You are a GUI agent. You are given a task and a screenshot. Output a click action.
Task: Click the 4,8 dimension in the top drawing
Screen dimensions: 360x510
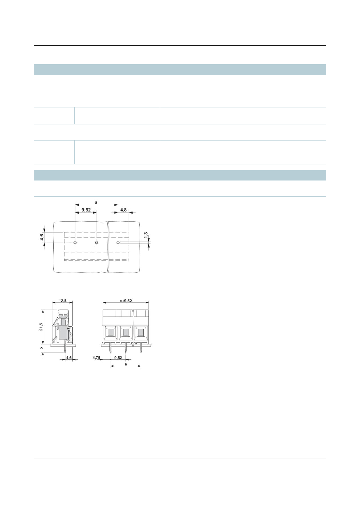pos(123,210)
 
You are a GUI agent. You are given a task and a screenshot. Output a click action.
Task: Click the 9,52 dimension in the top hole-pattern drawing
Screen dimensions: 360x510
pos(86,210)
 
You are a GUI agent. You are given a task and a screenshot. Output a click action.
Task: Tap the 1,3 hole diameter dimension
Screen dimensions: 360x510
pos(146,235)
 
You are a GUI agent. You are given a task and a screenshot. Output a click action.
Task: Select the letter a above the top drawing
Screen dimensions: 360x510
pos(96,202)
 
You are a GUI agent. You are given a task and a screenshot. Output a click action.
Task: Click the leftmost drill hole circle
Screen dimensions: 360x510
pos(75,243)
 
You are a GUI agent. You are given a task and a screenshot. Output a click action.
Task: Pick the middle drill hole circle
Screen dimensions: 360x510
pos(96,243)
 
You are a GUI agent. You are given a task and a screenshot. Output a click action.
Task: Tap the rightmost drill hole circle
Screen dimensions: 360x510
pos(118,243)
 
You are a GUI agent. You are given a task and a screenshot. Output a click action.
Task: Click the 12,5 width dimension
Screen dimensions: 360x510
pos(63,300)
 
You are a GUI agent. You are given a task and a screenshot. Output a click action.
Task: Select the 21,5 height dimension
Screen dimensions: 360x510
pos(41,327)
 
